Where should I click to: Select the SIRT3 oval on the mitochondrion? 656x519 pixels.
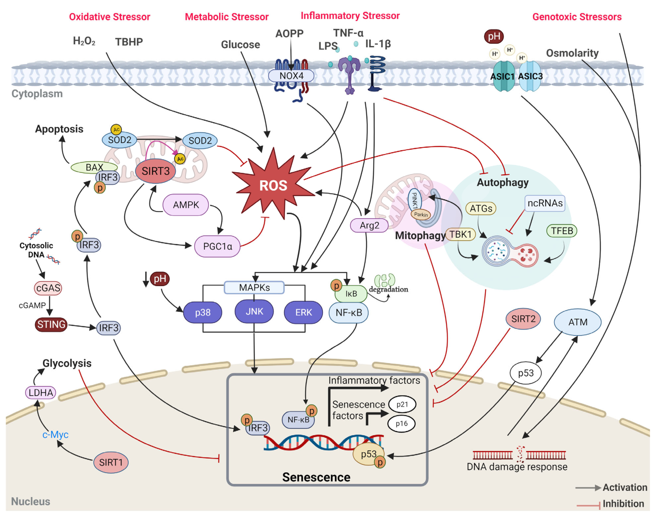[x=155, y=171]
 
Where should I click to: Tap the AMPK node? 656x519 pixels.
[x=186, y=205]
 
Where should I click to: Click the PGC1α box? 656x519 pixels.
[x=217, y=246]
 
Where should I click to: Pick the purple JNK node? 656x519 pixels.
[x=254, y=311]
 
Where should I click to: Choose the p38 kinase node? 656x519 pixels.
[x=202, y=312]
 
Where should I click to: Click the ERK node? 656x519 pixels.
[x=303, y=312]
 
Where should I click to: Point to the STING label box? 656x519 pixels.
[x=51, y=324]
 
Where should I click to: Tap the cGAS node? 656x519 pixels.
[x=48, y=288]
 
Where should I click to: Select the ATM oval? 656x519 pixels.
[x=578, y=322]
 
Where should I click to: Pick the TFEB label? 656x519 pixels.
[x=562, y=231]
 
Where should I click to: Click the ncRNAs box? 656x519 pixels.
[x=545, y=203]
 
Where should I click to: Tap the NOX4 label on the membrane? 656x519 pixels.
[x=291, y=76]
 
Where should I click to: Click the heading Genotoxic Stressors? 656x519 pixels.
[x=577, y=17]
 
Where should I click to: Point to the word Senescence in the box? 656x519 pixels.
[x=316, y=477]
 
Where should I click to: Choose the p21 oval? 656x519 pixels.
[x=402, y=405]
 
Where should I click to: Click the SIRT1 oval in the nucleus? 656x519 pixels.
[x=111, y=462]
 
